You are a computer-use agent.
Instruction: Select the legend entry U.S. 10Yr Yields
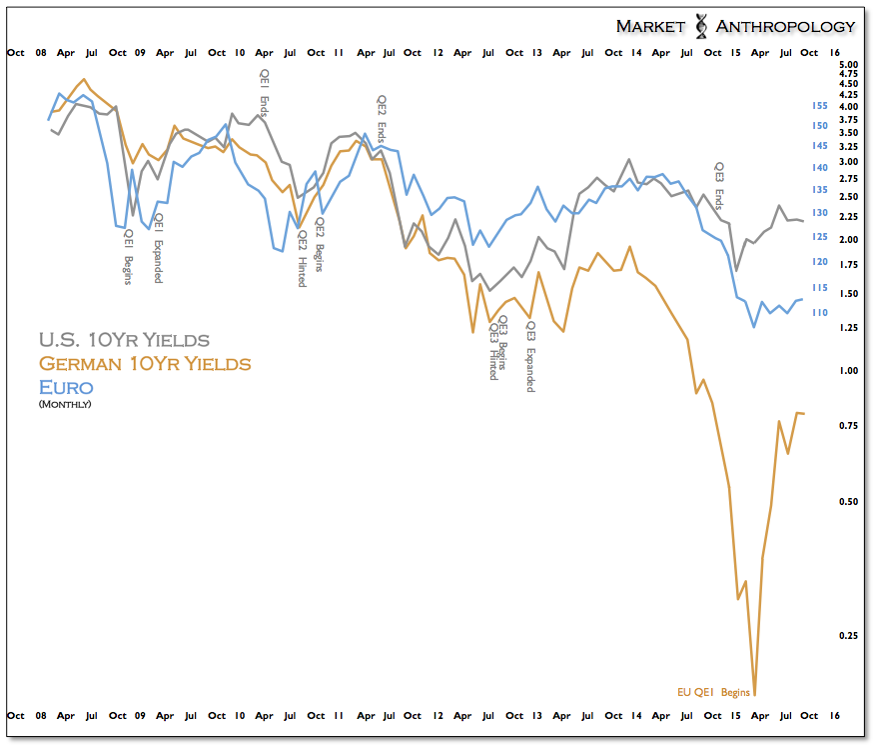tap(123, 340)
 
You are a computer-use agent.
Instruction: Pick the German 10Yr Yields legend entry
tap(144, 363)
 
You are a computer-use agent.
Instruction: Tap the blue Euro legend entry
tap(65, 387)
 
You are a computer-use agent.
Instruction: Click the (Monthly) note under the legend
tap(65, 404)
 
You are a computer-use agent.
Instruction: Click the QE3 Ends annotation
tap(718, 187)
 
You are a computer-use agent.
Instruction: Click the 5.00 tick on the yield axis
tap(849, 63)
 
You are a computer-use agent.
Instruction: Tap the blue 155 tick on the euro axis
tap(819, 105)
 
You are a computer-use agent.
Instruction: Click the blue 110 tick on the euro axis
tap(819, 312)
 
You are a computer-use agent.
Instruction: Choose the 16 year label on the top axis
tap(834, 52)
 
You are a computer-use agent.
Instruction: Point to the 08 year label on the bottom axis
tap(42, 716)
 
